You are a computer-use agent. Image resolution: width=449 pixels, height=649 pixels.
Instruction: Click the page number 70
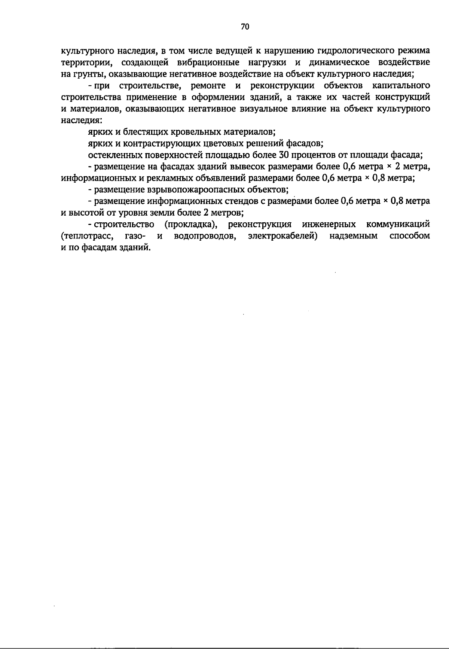[245, 27]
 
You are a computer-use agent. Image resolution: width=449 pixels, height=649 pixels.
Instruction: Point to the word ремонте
[208, 86]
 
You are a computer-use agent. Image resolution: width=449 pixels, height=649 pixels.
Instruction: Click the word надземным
[354, 236]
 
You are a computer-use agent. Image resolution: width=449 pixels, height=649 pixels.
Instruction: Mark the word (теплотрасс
[85, 236]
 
